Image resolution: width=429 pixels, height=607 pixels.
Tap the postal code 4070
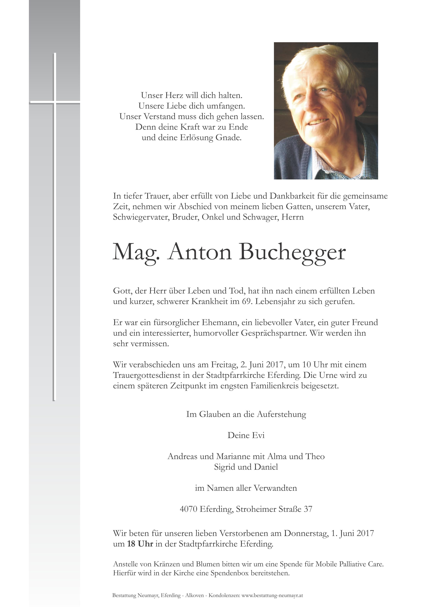coord(188,509)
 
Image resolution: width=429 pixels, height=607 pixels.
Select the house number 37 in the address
coord(308,509)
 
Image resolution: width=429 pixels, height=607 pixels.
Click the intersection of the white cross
coord(55,102)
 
